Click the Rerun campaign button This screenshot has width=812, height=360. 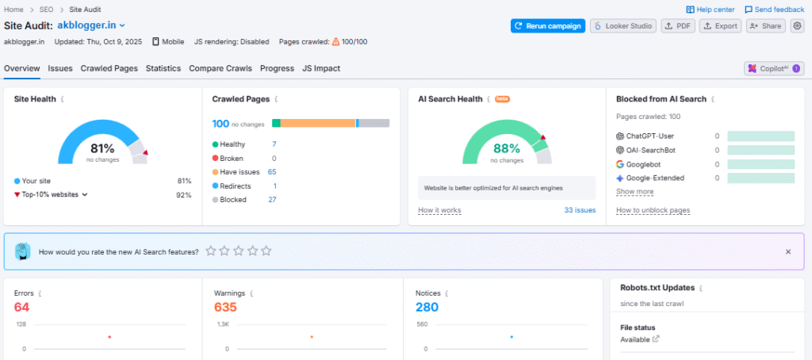click(x=548, y=26)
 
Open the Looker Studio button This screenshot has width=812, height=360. click(x=623, y=26)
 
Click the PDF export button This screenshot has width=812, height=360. click(x=677, y=26)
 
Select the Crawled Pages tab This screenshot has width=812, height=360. click(x=109, y=68)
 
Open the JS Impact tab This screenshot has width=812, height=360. click(x=320, y=68)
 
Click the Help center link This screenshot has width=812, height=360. click(x=711, y=10)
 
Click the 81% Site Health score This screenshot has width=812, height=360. click(x=102, y=148)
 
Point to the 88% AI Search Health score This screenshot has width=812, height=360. click(x=506, y=148)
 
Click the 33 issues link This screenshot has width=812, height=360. click(x=580, y=210)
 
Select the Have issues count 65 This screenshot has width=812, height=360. click(x=272, y=172)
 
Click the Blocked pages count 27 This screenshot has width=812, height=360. click(x=272, y=200)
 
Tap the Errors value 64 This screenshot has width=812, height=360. click(x=21, y=307)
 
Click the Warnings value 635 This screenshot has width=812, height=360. click(x=225, y=307)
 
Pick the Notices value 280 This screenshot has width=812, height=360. click(x=427, y=307)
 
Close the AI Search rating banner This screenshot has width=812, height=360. click(x=788, y=251)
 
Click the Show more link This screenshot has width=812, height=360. click(x=634, y=191)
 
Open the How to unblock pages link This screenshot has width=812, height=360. click(x=653, y=210)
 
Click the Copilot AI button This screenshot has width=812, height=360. click(x=773, y=69)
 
